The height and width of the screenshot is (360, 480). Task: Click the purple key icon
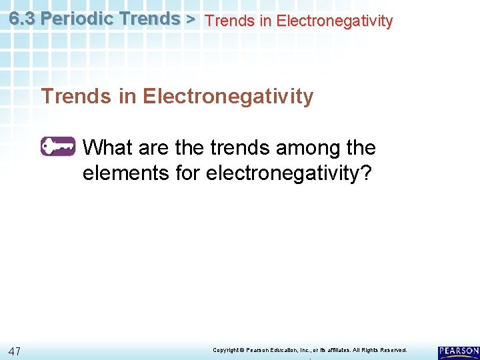point(58,146)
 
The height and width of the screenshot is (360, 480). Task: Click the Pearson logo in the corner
point(458,351)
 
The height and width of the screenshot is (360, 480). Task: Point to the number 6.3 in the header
point(23,19)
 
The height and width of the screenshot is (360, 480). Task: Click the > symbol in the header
point(190,19)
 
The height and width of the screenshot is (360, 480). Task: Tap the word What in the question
point(109,147)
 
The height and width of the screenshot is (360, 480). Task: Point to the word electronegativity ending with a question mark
point(291,173)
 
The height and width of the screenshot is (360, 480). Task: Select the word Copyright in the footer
point(225,349)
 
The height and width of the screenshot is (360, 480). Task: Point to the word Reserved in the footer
point(391,349)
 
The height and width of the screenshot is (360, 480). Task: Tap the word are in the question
point(155,147)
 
